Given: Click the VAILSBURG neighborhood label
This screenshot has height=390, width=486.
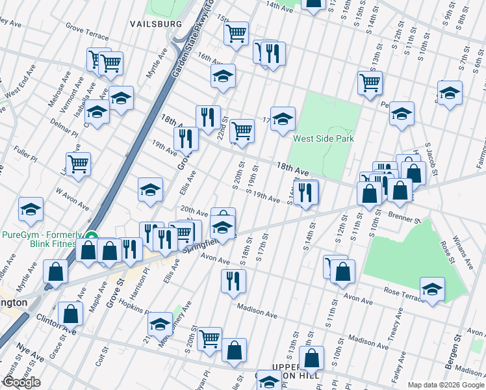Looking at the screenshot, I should point(156,24).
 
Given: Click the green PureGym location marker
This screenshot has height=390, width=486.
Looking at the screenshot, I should point(93,237).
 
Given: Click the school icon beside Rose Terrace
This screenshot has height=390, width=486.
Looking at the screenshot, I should point(432,289).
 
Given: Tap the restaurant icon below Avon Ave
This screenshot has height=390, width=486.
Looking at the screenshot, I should point(233,280).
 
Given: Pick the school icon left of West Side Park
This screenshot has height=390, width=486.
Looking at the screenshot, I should point(283,118).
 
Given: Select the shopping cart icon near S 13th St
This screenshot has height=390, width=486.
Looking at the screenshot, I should point(370,83).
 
